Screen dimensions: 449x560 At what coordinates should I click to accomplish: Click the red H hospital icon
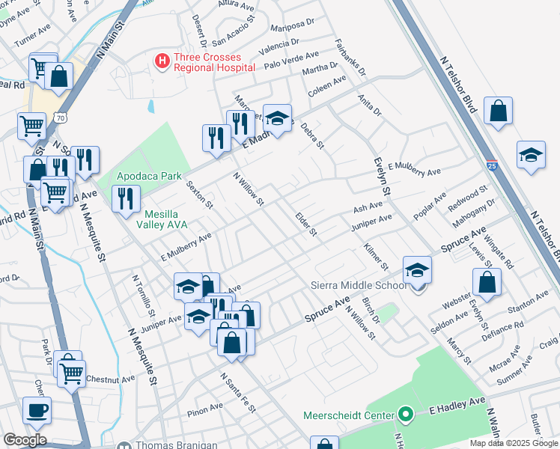[161, 61]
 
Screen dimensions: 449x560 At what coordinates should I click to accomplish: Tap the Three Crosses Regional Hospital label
[214, 61]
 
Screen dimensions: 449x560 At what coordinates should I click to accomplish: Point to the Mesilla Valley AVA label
[155, 216]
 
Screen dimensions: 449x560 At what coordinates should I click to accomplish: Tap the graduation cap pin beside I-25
[531, 155]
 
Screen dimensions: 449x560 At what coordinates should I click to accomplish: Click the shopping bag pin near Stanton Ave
[487, 282]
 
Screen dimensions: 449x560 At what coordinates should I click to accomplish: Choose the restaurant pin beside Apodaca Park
[126, 198]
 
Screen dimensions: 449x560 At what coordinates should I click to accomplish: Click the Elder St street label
[306, 224]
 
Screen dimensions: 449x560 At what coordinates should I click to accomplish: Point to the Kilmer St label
[375, 255]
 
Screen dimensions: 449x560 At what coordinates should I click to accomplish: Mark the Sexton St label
[200, 194]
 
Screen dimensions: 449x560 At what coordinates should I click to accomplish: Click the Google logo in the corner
[25, 440]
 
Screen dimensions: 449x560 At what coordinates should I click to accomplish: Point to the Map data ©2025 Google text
[514, 443]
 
